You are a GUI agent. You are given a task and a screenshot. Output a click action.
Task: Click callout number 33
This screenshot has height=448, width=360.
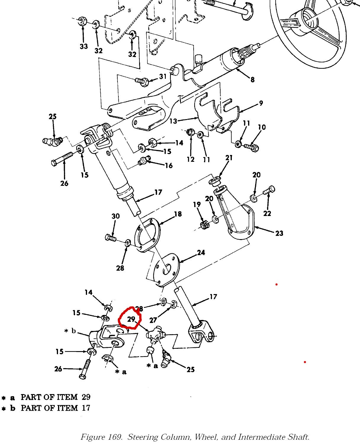pyautogui.click(x=83, y=46)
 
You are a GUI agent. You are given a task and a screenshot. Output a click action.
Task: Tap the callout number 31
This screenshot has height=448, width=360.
pyautogui.click(x=163, y=76)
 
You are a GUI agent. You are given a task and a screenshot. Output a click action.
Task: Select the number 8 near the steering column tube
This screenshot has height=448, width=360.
pyautogui.click(x=252, y=79)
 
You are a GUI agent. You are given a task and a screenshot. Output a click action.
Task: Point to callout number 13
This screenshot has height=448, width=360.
pyautogui.click(x=173, y=121)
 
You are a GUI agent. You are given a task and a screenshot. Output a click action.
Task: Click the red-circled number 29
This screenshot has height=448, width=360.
pyautogui.click(x=131, y=319)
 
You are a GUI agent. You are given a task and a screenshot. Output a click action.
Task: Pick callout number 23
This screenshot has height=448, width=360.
pyautogui.click(x=279, y=233)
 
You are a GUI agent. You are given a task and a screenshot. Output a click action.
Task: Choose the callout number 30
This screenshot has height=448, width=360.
pyautogui.click(x=115, y=216)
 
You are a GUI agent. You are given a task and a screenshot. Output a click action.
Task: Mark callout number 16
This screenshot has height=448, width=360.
pyautogui.click(x=168, y=165)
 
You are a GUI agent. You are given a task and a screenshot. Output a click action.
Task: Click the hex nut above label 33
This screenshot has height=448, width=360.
pyautogui.click(x=83, y=21)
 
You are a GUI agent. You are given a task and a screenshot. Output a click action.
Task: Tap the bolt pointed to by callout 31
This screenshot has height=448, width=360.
pyautogui.click(x=142, y=81)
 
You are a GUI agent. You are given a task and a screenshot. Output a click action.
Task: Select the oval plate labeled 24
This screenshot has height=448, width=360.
pyautogui.click(x=167, y=269)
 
